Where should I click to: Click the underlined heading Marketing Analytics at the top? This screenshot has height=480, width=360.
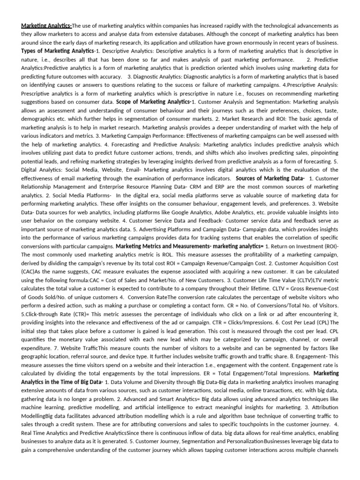(46, 25)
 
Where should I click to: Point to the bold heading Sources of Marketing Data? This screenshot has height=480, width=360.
(270, 178)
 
